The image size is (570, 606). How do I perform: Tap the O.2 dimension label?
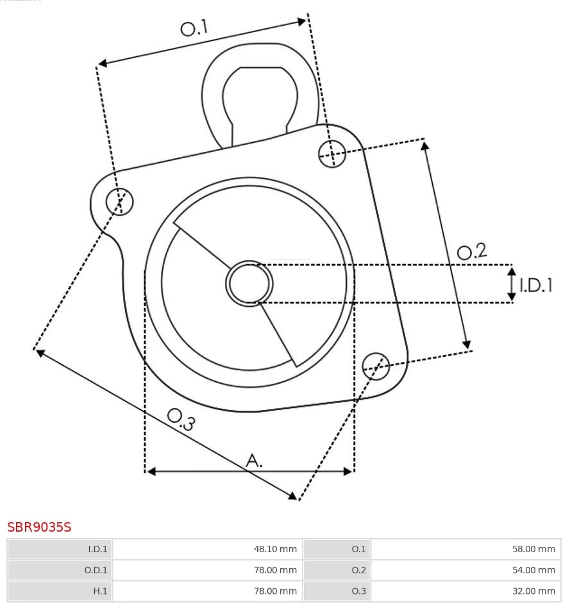click(472, 251)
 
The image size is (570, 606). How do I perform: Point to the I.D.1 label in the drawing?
click(536, 286)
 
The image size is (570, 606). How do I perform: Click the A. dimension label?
click(254, 460)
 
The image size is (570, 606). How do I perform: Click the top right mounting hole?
click(332, 153)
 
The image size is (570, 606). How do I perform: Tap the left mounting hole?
click(119, 202)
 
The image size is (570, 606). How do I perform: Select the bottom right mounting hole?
click(376, 365)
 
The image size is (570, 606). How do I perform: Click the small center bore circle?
click(249, 283)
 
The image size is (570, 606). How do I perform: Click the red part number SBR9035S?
click(39, 527)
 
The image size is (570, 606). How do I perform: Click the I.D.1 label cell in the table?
click(97, 549)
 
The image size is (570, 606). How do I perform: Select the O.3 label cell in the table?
click(358, 591)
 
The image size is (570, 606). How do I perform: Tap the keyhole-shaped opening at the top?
click(260, 96)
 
